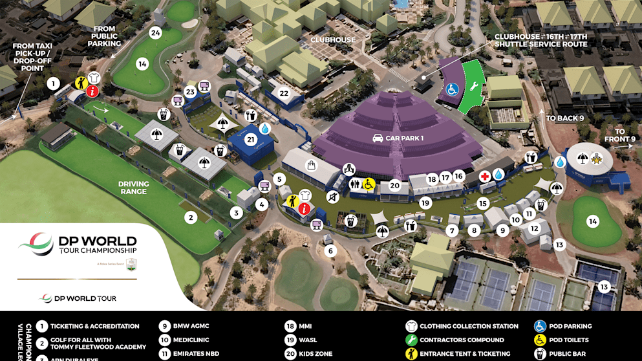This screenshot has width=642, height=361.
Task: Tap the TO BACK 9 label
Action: (564, 118)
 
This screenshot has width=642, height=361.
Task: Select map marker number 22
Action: (283, 93)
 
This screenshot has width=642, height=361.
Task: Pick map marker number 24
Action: (155, 32)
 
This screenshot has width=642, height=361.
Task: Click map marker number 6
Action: (330, 251)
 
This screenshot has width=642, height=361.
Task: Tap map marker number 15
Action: (482, 203)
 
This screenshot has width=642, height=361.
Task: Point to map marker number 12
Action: (534, 228)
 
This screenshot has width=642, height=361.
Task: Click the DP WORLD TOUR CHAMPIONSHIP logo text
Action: (98, 246)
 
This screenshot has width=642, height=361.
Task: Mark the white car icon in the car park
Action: (377, 138)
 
